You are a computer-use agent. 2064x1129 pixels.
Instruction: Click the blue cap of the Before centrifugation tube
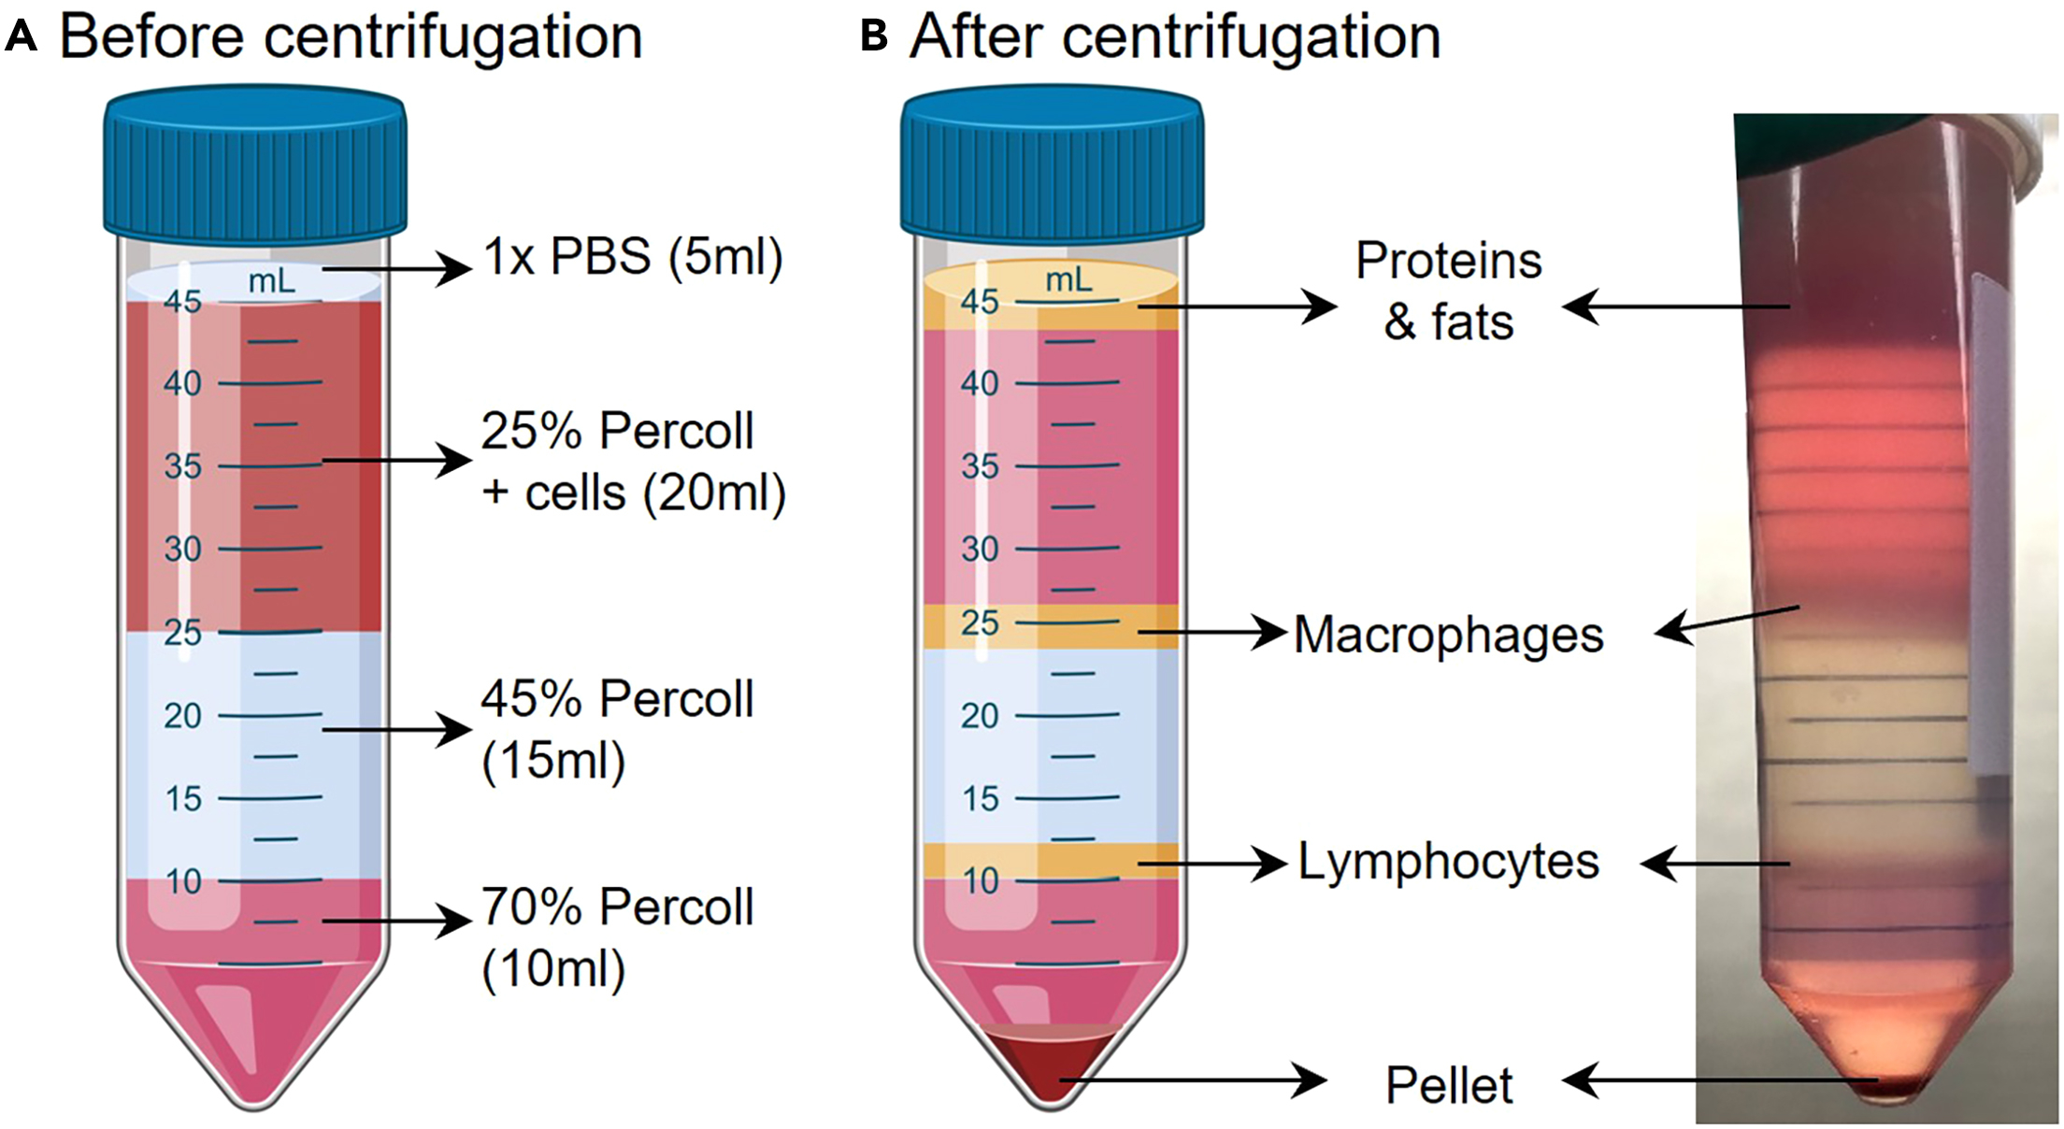click(x=254, y=164)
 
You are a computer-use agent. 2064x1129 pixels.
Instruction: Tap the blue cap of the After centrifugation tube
click(x=1052, y=164)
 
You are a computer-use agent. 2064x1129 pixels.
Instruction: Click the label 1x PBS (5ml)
click(x=633, y=257)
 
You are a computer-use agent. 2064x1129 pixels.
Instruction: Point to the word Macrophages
click(x=1448, y=636)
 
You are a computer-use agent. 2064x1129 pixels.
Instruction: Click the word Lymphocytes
click(x=1448, y=862)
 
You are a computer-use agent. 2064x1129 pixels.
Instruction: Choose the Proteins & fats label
click(x=1448, y=291)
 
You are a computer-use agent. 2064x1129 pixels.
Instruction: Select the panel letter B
click(x=873, y=37)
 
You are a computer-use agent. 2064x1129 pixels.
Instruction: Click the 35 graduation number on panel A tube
click(x=182, y=465)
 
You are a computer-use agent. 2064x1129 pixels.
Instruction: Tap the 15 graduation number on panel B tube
click(x=980, y=799)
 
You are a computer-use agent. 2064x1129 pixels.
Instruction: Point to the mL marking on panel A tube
click(x=271, y=281)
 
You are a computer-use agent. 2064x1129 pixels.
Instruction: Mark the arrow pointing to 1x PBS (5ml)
click(x=397, y=269)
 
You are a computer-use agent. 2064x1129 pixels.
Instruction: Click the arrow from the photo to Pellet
click(x=1720, y=1081)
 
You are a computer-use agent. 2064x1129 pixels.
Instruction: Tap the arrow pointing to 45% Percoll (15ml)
click(x=397, y=729)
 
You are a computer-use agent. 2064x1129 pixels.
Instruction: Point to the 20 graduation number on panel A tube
click(x=182, y=716)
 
